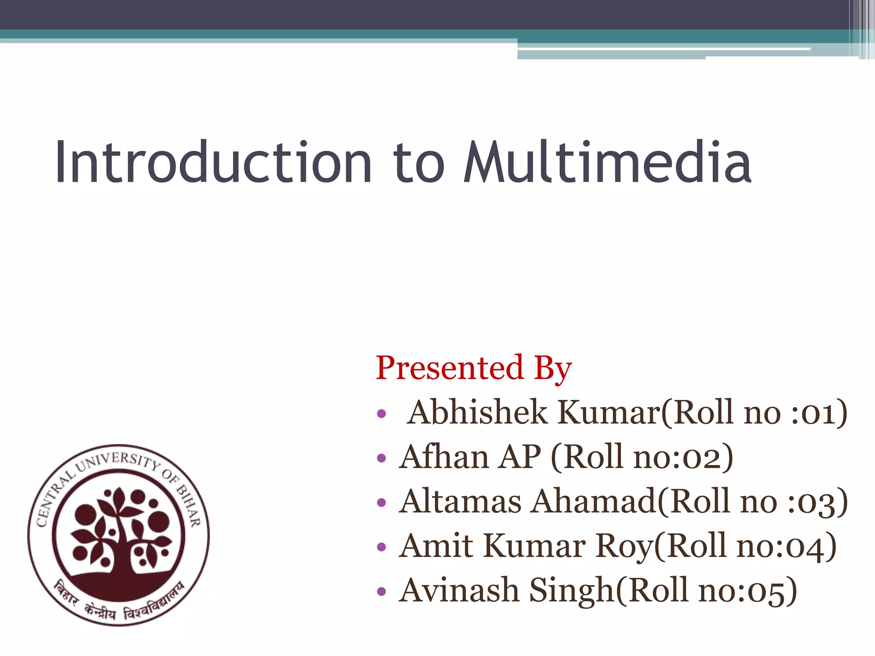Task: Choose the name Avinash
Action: coord(459,590)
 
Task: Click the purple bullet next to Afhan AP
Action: coord(382,459)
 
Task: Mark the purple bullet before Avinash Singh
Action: coord(382,592)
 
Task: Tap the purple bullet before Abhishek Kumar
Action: coord(382,414)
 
